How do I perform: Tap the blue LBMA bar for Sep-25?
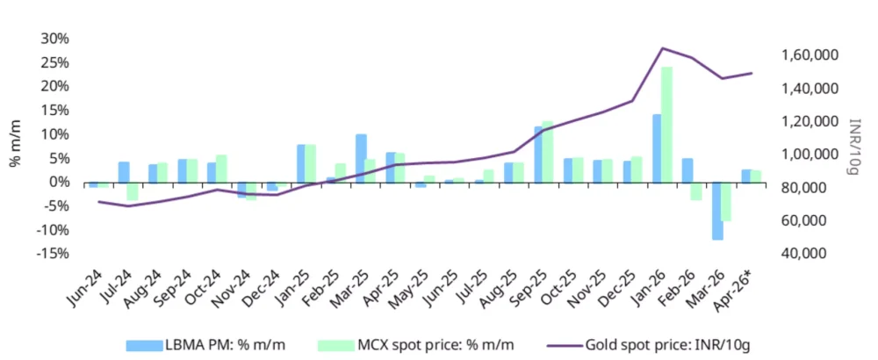click(538, 155)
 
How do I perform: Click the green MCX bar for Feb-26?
click(696, 191)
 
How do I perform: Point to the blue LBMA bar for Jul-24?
click(124, 172)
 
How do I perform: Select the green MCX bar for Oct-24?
click(222, 169)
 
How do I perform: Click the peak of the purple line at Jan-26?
click(662, 48)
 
